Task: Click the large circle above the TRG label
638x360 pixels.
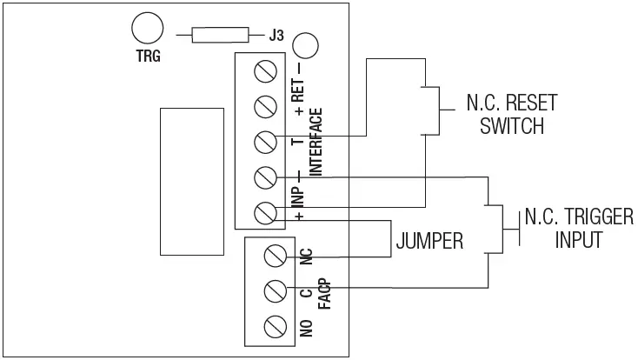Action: [147, 30]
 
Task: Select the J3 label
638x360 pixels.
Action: [276, 36]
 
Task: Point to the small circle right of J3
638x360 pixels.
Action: [304, 45]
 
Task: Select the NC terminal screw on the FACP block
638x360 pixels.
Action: [276, 256]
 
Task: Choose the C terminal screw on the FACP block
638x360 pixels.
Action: [276, 290]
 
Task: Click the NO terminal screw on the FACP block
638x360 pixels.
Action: [276, 325]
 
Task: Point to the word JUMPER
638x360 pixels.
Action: [429, 242]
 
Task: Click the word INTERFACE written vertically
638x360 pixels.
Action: [316, 143]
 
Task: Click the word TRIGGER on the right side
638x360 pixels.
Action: [588, 217]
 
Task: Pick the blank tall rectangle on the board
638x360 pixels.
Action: [190, 182]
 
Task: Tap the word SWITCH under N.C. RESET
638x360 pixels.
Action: [514, 126]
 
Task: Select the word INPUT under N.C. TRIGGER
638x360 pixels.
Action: [579, 240]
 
